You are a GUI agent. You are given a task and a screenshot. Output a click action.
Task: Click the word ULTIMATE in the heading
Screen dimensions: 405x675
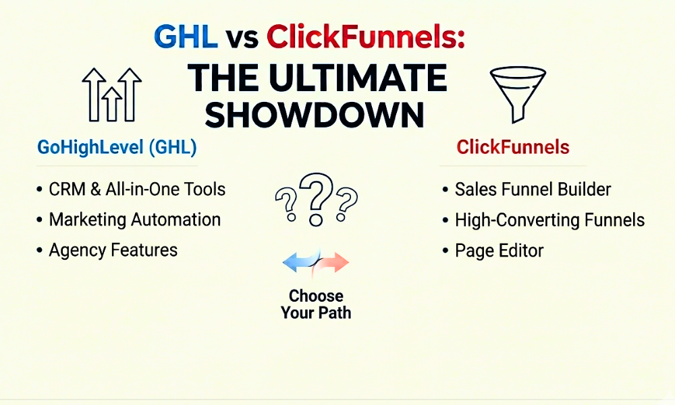[361, 78]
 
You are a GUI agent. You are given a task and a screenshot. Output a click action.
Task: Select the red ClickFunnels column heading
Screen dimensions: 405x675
[513, 147]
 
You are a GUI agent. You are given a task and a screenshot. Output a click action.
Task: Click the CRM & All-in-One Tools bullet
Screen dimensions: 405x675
[137, 189]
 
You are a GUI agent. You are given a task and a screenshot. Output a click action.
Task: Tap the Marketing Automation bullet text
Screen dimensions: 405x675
[134, 219]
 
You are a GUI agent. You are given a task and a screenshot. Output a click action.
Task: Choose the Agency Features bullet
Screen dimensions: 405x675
[113, 250]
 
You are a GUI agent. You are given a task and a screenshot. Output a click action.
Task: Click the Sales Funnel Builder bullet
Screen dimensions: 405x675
[533, 189]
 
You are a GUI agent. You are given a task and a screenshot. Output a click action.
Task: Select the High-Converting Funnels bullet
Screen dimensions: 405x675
[549, 219]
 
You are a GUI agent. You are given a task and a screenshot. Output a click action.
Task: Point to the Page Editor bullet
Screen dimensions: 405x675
[499, 251]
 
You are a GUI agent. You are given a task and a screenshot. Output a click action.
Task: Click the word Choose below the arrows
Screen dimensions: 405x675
[316, 296]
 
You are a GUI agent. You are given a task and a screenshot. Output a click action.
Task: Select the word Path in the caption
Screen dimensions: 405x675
[335, 313]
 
